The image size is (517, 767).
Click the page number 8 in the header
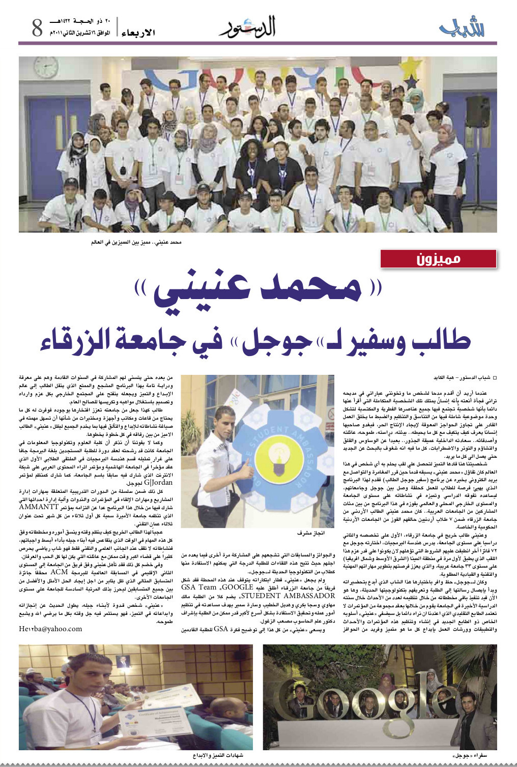pyautogui.click(x=37, y=28)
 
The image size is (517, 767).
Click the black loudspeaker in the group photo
pyautogui.click(x=478, y=111)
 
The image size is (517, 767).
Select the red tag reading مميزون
pyautogui.click(x=438, y=259)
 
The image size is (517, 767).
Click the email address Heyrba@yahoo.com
pyautogui.click(x=50, y=629)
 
